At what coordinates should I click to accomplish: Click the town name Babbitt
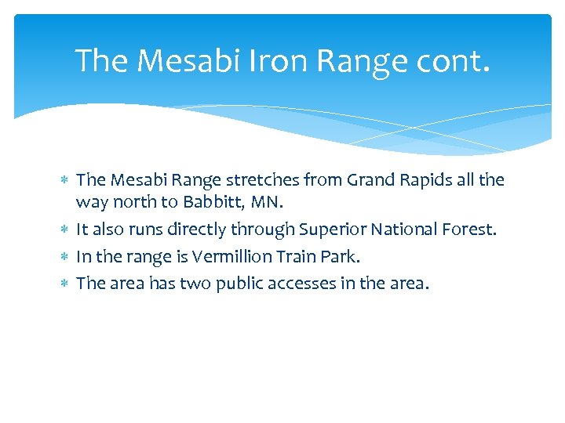210,203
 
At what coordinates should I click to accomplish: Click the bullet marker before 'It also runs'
65,230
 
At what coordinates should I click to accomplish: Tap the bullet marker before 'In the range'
65,257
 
